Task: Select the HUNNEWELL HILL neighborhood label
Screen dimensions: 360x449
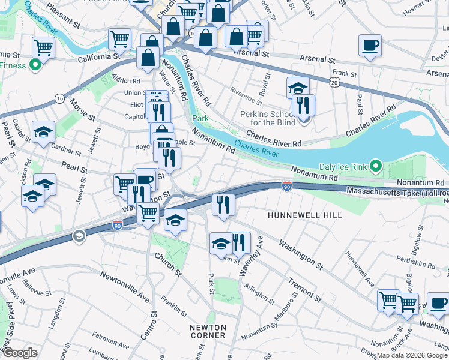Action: click(x=304, y=215)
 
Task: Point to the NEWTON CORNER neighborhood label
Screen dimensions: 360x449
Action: click(x=208, y=331)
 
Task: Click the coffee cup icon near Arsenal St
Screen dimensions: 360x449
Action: click(x=370, y=46)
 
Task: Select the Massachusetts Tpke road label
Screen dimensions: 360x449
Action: click(x=396, y=191)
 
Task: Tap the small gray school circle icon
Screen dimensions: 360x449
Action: click(x=78, y=236)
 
